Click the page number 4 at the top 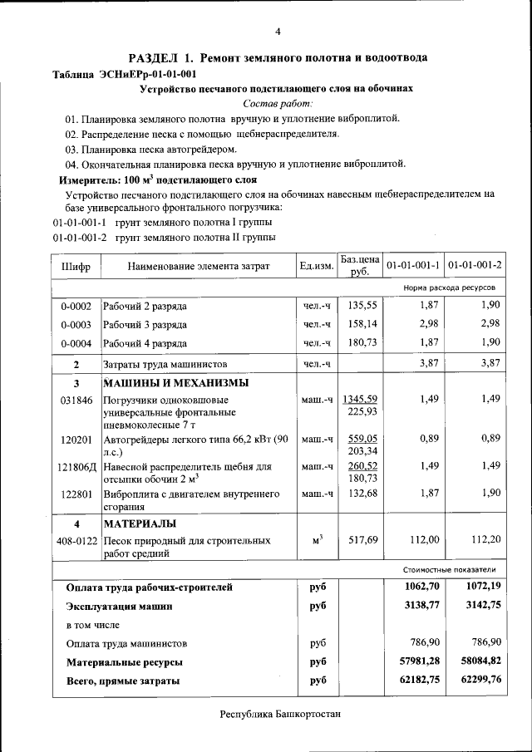[277, 32]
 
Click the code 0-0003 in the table [76, 325]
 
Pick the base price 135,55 [362, 306]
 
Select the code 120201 [76, 439]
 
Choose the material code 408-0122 [76, 540]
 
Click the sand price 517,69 [362, 540]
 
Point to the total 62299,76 [477, 681]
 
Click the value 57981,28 [415, 662]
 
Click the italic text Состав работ [278, 103]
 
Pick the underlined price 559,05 [362, 438]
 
